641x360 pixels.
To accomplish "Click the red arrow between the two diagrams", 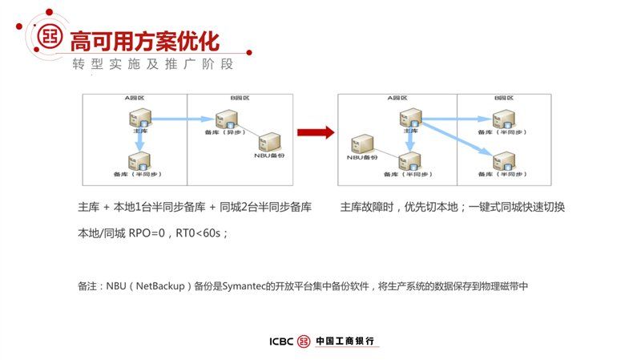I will [315, 133].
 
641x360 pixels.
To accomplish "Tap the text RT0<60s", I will [200, 233].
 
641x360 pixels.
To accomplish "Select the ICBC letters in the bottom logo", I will [281, 341].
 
